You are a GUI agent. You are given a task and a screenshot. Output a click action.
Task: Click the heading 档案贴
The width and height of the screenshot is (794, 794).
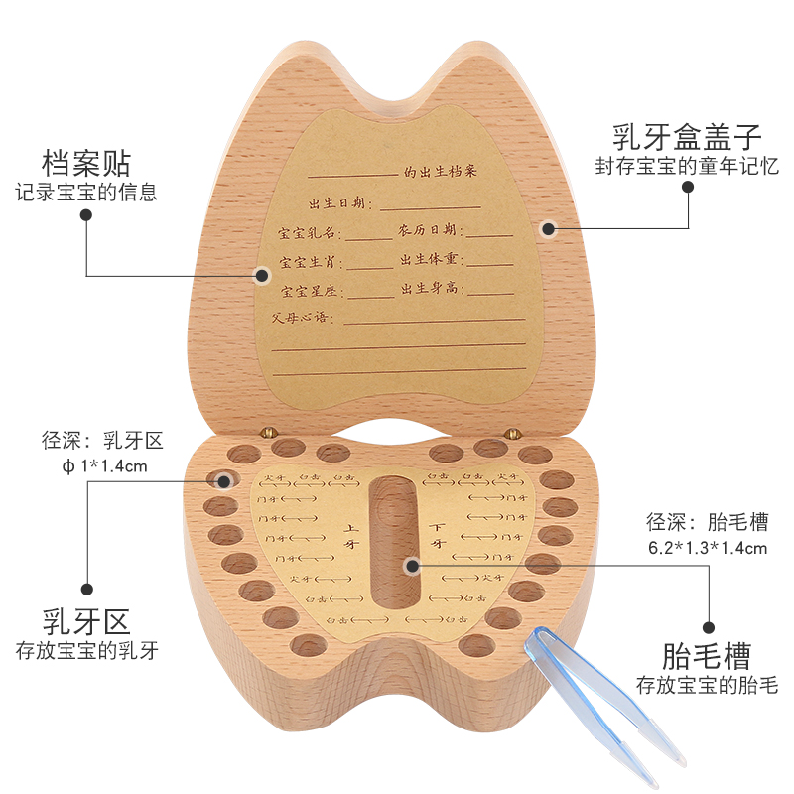coord(85,162)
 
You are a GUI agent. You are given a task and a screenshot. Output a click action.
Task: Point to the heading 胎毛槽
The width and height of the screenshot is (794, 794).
coord(707,655)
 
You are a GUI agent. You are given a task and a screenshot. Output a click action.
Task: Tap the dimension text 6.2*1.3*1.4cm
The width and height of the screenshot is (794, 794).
coord(707,547)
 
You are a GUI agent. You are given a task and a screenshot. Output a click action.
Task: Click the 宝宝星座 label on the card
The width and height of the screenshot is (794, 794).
coord(311,292)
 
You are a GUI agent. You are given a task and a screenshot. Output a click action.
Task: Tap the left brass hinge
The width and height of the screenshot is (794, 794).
coord(268,432)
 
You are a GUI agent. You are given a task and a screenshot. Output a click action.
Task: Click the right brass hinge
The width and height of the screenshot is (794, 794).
coord(512,432)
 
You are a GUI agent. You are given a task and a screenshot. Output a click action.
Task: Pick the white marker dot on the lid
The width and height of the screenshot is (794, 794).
coord(548,228)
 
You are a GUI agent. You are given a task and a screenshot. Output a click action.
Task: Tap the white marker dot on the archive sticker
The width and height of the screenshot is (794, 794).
coord(263,275)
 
